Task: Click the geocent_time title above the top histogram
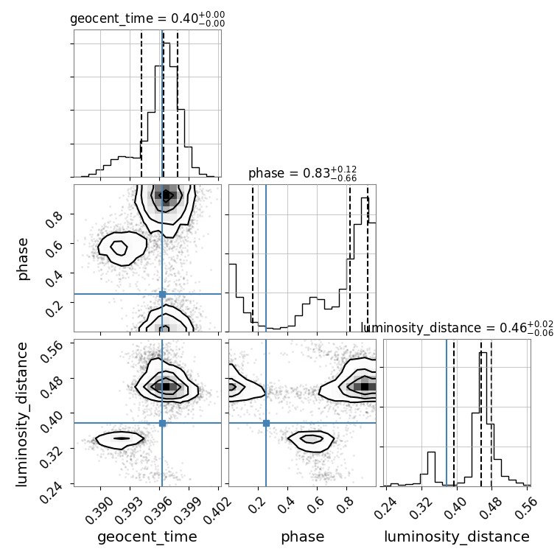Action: click(x=147, y=18)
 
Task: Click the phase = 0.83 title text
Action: click(x=302, y=173)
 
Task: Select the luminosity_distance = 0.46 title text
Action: click(x=457, y=328)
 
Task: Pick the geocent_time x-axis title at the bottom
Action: click(x=147, y=536)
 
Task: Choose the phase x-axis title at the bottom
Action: click(x=303, y=537)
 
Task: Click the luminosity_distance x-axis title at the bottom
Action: click(x=457, y=536)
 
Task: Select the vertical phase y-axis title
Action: click(x=22, y=259)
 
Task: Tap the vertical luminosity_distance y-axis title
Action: click(x=21, y=414)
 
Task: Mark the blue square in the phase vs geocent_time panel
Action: click(x=162, y=294)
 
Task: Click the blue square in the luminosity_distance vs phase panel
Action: click(x=266, y=423)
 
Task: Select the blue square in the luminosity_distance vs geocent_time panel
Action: click(x=162, y=423)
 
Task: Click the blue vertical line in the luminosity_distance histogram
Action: click(x=447, y=413)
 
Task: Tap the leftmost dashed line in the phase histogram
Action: click(x=253, y=258)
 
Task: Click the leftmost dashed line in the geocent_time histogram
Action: click(x=141, y=104)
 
